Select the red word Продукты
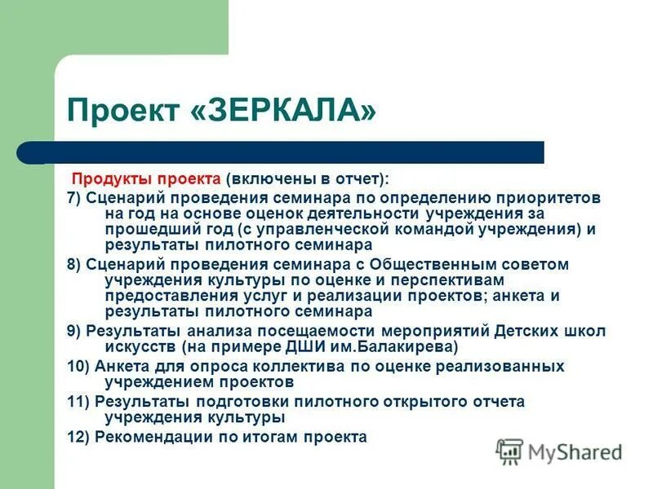coord(105,178)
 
